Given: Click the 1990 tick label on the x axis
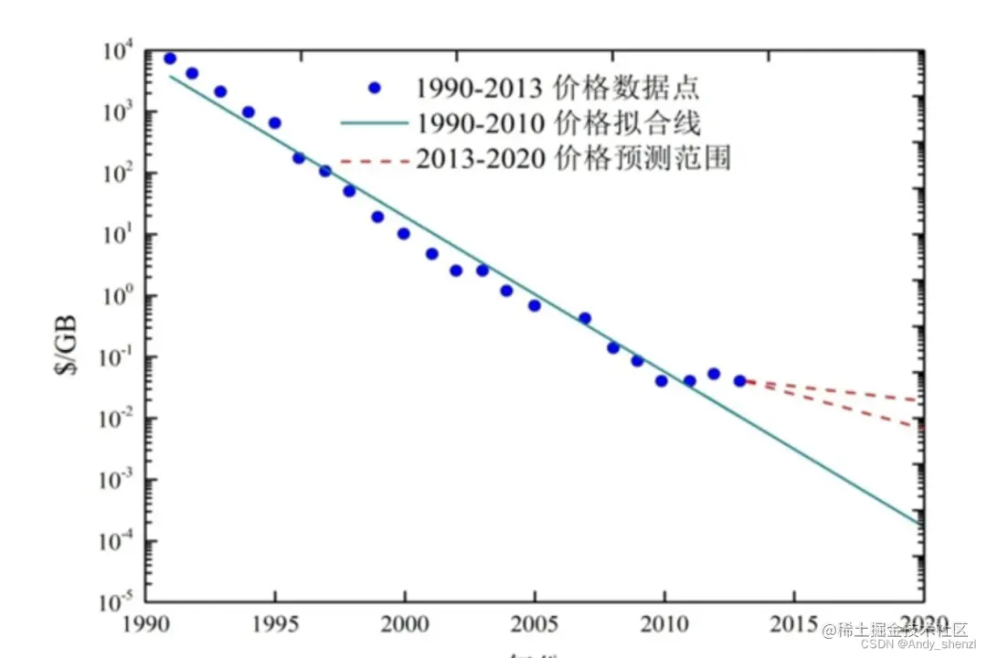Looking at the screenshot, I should tap(144, 626).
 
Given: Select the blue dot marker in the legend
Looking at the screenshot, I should tap(374, 89).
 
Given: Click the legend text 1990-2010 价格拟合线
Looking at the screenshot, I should tap(558, 123).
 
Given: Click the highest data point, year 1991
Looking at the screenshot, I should tap(170, 58).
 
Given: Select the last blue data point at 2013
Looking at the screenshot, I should tap(740, 380).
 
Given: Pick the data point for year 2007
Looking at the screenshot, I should tap(585, 318).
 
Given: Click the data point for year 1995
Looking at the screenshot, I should tap(274, 122).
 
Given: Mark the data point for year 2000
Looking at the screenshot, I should tap(403, 233).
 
